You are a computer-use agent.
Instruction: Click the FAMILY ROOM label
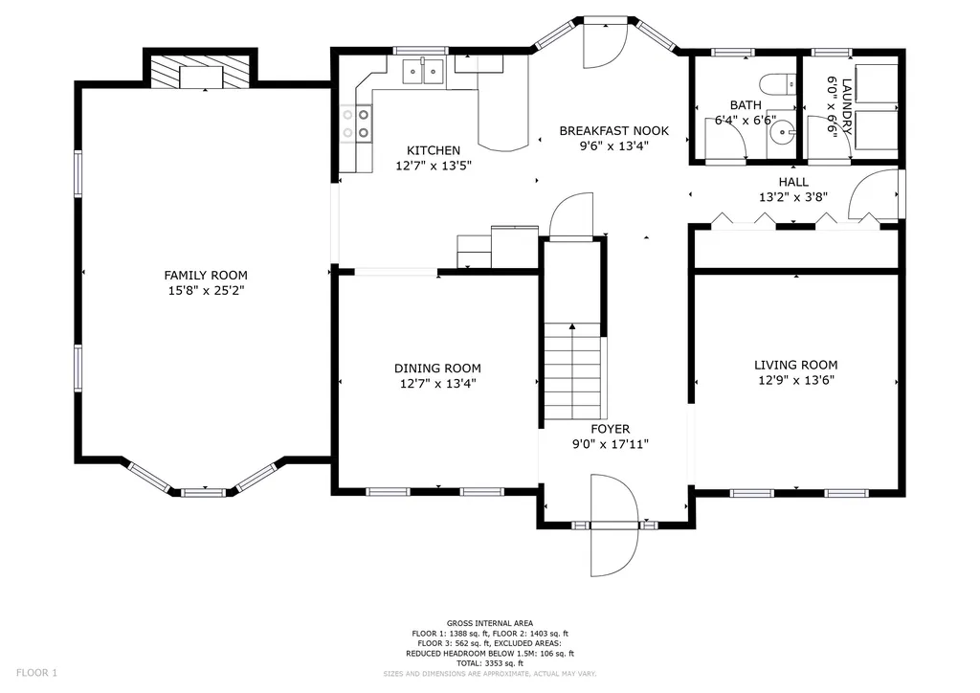[x=206, y=275]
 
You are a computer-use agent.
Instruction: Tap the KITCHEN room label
[x=434, y=150]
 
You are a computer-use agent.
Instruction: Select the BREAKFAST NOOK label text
[x=613, y=130]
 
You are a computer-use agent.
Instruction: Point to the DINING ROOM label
[x=437, y=369]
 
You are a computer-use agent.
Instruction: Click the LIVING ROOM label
[x=795, y=365]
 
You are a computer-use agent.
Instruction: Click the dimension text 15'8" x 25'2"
[x=206, y=291]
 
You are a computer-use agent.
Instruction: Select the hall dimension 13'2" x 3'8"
[x=793, y=197]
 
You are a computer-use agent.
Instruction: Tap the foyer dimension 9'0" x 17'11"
[x=611, y=444]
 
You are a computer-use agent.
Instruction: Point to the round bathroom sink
[x=781, y=132]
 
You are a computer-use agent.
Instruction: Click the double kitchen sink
[x=422, y=71]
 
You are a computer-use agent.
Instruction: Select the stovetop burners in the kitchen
[x=356, y=123]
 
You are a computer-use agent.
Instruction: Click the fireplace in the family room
[x=201, y=71]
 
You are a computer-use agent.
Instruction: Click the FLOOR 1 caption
[x=36, y=673]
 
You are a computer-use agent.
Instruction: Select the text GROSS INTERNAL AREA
[x=490, y=623]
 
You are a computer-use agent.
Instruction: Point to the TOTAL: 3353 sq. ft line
[x=490, y=663]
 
